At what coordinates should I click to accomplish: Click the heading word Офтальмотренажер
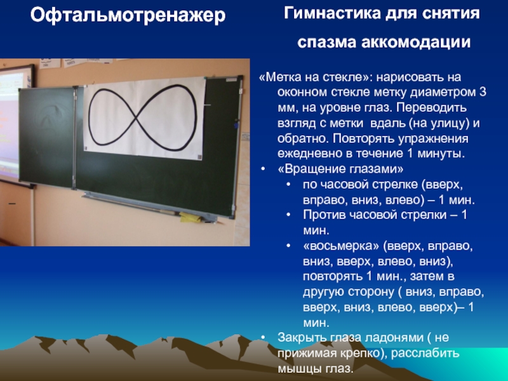tap(128, 15)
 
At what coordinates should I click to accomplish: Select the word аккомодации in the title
tap(416, 43)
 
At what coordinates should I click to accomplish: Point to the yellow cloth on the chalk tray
tap(190, 217)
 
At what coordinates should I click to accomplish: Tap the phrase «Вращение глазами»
tap(340, 169)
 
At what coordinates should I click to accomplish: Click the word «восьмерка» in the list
tap(341, 246)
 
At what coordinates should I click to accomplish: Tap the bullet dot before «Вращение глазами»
tap(263, 169)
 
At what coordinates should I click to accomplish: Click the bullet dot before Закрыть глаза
tap(263, 338)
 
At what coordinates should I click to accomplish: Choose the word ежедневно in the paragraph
tap(310, 154)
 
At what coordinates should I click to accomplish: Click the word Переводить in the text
tap(431, 108)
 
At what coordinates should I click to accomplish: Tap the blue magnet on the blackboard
tap(236, 125)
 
